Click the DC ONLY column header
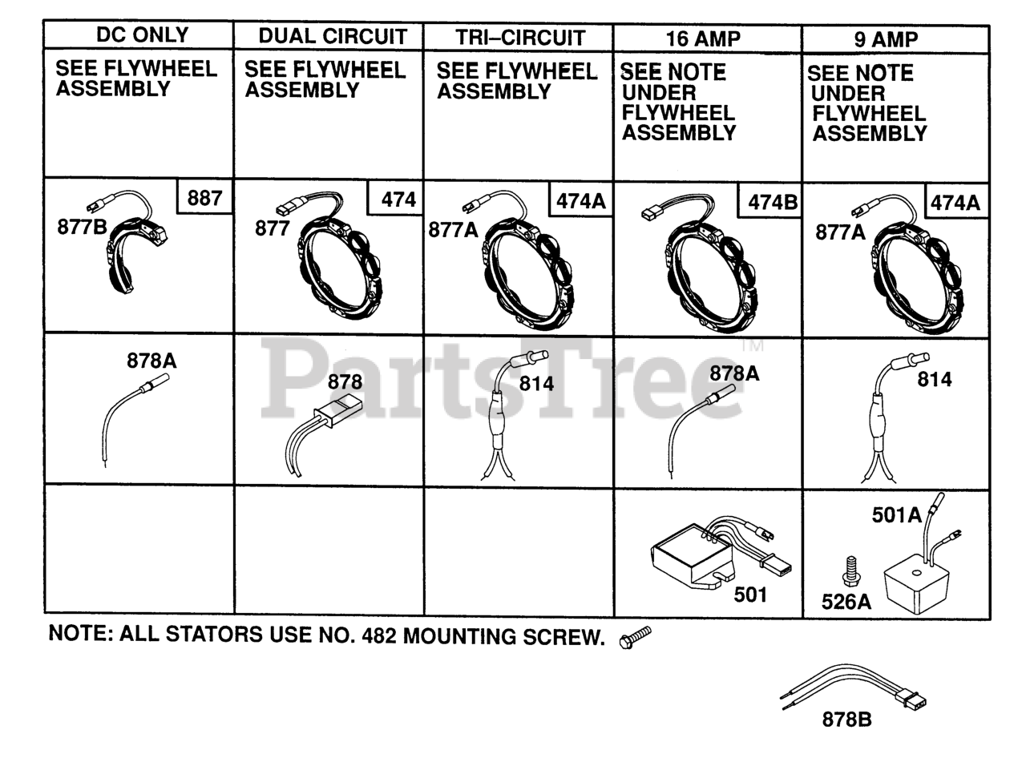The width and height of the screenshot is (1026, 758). [x=142, y=35]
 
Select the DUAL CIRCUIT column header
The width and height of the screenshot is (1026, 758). [x=332, y=37]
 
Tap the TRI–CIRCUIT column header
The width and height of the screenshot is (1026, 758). [x=520, y=38]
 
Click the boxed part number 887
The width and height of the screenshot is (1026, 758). [x=204, y=197]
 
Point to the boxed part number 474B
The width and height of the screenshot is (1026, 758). [x=773, y=203]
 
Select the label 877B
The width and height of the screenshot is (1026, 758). [x=82, y=227]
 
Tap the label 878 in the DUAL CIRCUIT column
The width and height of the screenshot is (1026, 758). [x=345, y=382]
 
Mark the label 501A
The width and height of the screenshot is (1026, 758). [x=896, y=516]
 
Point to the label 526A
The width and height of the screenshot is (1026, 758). [x=846, y=601]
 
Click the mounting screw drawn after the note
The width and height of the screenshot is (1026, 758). [x=635, y=638]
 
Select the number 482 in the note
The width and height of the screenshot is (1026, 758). [x=378, y=636]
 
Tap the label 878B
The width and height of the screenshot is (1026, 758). [x=846, y=720]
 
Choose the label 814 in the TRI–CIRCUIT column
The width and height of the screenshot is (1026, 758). [x=536, y=383]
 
